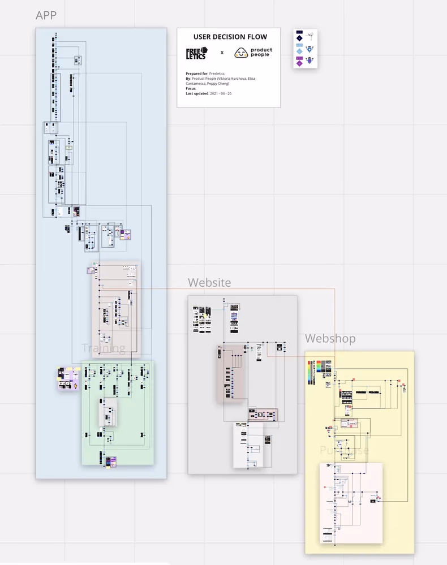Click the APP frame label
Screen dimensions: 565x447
46,15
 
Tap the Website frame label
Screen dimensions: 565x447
209,282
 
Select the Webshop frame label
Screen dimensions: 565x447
330,338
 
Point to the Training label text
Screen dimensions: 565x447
103,348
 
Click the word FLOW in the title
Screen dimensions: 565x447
256,37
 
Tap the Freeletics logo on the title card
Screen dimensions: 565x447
196,53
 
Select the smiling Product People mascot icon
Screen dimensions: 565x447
241,53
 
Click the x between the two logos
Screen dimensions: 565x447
222,53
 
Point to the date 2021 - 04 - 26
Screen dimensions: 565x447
221,93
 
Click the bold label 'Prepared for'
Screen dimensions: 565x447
196,74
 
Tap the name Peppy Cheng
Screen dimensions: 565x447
218,84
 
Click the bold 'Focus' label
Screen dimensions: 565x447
191,88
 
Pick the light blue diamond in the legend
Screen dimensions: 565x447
299,52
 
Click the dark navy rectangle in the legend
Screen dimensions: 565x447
299,33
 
